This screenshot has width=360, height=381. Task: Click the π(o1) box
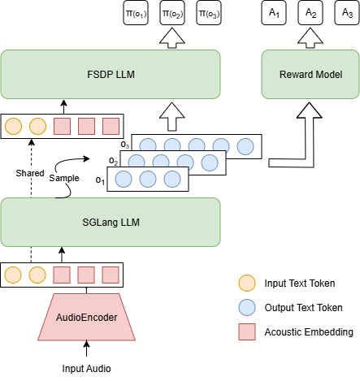coord(136,13)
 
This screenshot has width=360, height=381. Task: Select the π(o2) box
coord(172,13)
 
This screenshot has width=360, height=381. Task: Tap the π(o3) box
coord(209,13)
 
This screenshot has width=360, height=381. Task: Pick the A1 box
coord(273,13)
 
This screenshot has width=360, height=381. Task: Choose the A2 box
coord(310,13)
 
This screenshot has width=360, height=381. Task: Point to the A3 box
coord(345,13)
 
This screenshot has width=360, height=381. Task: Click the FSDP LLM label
coord(110,75)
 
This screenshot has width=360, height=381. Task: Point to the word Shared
coord(29,173)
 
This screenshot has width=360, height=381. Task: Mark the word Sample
coord(64,178)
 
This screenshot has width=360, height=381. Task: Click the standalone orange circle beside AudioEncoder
coord(246,283)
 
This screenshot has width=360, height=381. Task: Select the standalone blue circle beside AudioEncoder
coord(246,307)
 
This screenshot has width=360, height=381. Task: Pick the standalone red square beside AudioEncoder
coord(246,331)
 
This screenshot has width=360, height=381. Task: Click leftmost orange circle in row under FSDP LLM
coord(13,126)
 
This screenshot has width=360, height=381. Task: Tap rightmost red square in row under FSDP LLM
coord(111,126)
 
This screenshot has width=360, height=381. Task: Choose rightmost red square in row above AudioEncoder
coord(111,275)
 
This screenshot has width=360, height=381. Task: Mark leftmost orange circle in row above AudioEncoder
coord(13,275)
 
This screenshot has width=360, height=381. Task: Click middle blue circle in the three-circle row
coord(147,180)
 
